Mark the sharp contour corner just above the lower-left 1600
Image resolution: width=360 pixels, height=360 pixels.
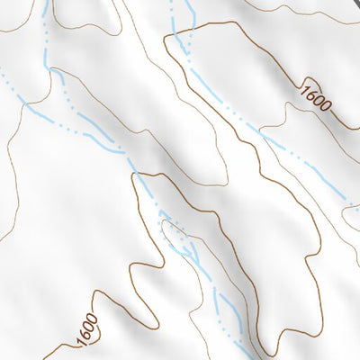pyautogui.click(x=95, y=292)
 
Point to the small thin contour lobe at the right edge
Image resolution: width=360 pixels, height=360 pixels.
pyautogui.click(x=349, y=212)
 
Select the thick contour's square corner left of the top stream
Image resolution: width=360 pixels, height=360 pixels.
pyautogui.click(x=167, y=40)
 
